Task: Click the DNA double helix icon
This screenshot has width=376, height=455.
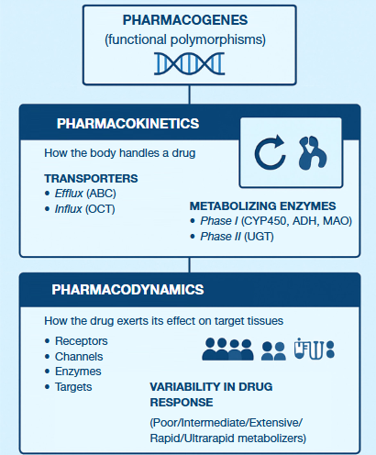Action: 189,62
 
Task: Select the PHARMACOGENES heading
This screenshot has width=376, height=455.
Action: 188,20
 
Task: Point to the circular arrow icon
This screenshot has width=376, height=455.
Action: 271,154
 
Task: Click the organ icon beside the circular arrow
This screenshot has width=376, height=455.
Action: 313,154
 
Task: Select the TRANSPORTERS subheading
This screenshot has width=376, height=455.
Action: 91,178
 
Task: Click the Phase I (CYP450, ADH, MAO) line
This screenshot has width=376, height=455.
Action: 276,221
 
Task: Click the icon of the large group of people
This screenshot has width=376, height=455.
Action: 227,350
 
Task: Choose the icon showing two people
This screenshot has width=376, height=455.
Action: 274,350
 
